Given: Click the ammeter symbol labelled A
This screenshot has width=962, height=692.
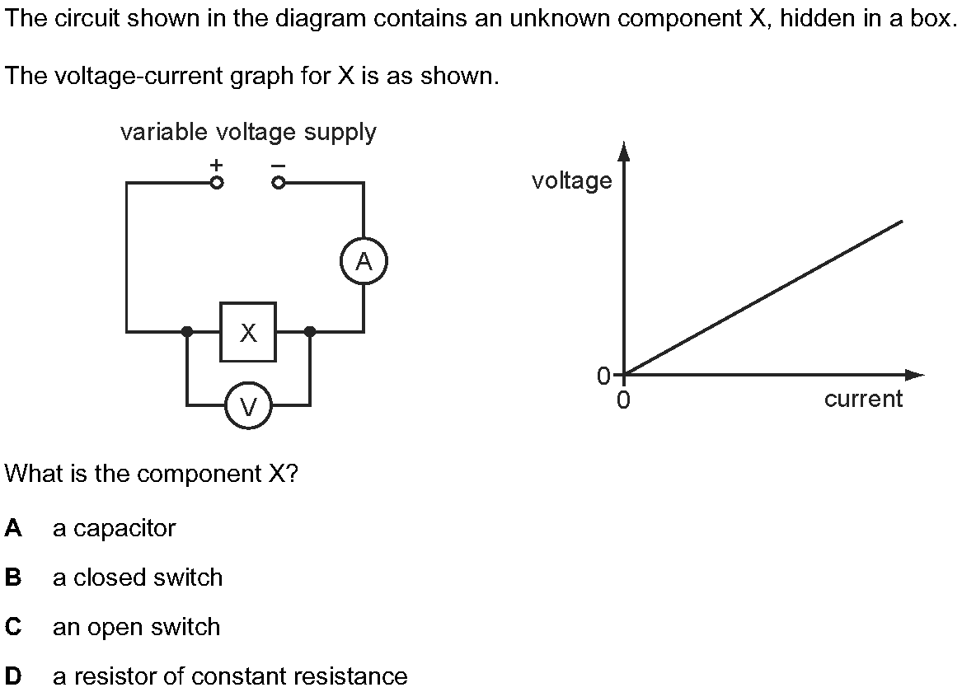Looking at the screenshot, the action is click(x=364, y=261).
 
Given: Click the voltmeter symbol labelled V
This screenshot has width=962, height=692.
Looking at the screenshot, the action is click(x=248, y=405).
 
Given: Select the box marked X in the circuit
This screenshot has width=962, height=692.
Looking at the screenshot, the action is click(x=248, y=332).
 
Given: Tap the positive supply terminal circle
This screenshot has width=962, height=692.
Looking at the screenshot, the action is click(x=216, y=183).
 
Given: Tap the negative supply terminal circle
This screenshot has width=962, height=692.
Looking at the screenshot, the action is click(x=278, y=183).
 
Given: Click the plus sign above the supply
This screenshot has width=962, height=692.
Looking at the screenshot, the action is click(x=216, y=164).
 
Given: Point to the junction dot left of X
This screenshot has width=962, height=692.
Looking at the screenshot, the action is click(x=187, y=332).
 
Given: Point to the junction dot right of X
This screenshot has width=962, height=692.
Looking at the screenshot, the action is click(x=310, y=332).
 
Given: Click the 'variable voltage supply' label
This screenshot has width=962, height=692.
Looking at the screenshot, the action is click(x=248, y=133).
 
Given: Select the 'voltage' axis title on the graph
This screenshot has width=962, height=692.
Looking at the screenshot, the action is click(x=572, y=180).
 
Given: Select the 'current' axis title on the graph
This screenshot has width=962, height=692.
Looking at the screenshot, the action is click(x=863, y=399).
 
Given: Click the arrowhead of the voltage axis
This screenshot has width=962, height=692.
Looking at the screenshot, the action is click(x=624, y=152).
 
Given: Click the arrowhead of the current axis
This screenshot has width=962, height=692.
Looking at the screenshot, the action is click(x=914, y=375).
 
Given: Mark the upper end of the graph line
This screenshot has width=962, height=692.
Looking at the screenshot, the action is click(x=903, y=221).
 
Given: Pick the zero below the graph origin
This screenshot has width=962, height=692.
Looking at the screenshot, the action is click(x=623, y=400).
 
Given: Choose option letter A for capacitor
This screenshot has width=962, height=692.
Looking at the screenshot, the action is click(x=13, y=528).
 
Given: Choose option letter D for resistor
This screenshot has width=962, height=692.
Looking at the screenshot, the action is click(x=13, y=676).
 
